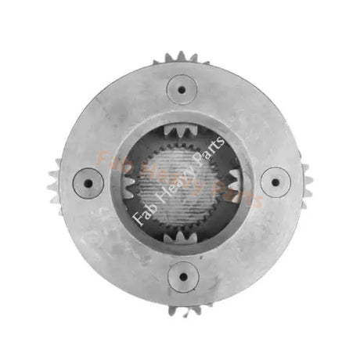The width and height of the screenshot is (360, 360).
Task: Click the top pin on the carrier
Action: [x=182, y=89]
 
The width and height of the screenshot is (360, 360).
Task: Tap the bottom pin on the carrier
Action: [x=183, y=276]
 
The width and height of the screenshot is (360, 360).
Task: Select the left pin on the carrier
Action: [x=88, y=183]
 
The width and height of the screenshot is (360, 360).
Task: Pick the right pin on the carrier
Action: [x=275, y=182]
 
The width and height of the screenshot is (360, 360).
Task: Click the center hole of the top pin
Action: [x=182, y=89]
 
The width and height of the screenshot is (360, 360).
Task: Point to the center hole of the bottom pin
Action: [x=183, y=276]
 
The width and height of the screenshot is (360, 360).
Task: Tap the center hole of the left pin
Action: [x=88, y=183]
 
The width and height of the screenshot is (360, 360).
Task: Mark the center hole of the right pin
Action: [x=275, y=182]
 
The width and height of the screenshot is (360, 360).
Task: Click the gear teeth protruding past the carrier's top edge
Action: [x=181, y=58]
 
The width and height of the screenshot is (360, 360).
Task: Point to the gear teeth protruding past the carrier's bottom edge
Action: [x=185, y=311]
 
